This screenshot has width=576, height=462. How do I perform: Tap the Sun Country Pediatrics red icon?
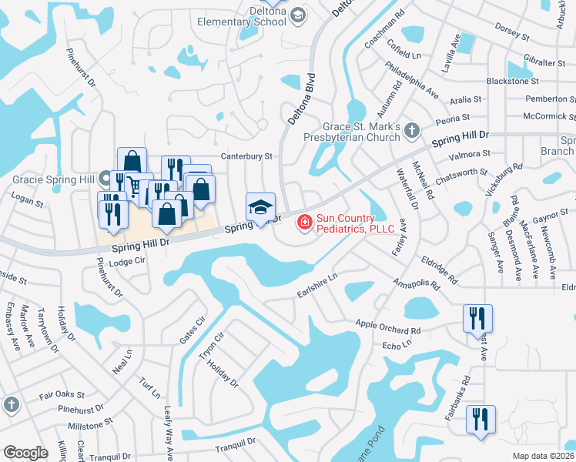(x=305, y=223)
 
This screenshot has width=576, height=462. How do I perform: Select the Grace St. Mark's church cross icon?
(x=412, y=130)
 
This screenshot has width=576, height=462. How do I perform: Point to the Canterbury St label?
(x=247, y=156)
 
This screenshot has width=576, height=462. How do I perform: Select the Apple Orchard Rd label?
(x=388, y=328)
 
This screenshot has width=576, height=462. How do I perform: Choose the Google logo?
(x=25, y=453)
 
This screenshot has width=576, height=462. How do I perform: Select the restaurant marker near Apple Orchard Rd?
(x=477, y=316)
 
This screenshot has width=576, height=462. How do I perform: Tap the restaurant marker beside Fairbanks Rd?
(x=481, y=419)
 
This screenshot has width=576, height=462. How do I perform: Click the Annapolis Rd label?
(x=416, y=284)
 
